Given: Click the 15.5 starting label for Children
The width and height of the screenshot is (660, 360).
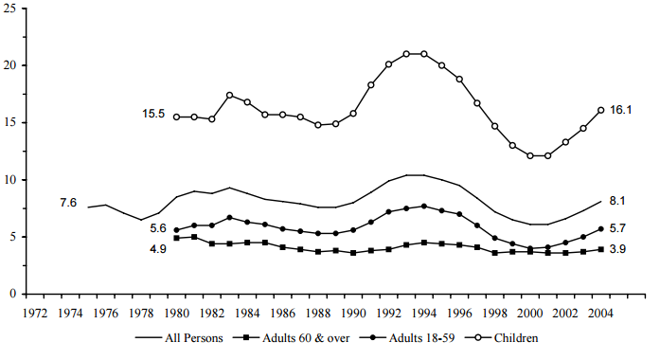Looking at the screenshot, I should point(153,115).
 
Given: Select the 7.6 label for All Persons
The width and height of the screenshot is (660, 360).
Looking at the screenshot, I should point(68,203).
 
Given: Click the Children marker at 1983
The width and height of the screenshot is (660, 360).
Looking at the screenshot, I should point(229,95).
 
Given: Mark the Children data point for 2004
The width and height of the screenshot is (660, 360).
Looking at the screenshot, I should point(600,110).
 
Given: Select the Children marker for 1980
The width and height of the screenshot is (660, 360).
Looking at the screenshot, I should point(176,117).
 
